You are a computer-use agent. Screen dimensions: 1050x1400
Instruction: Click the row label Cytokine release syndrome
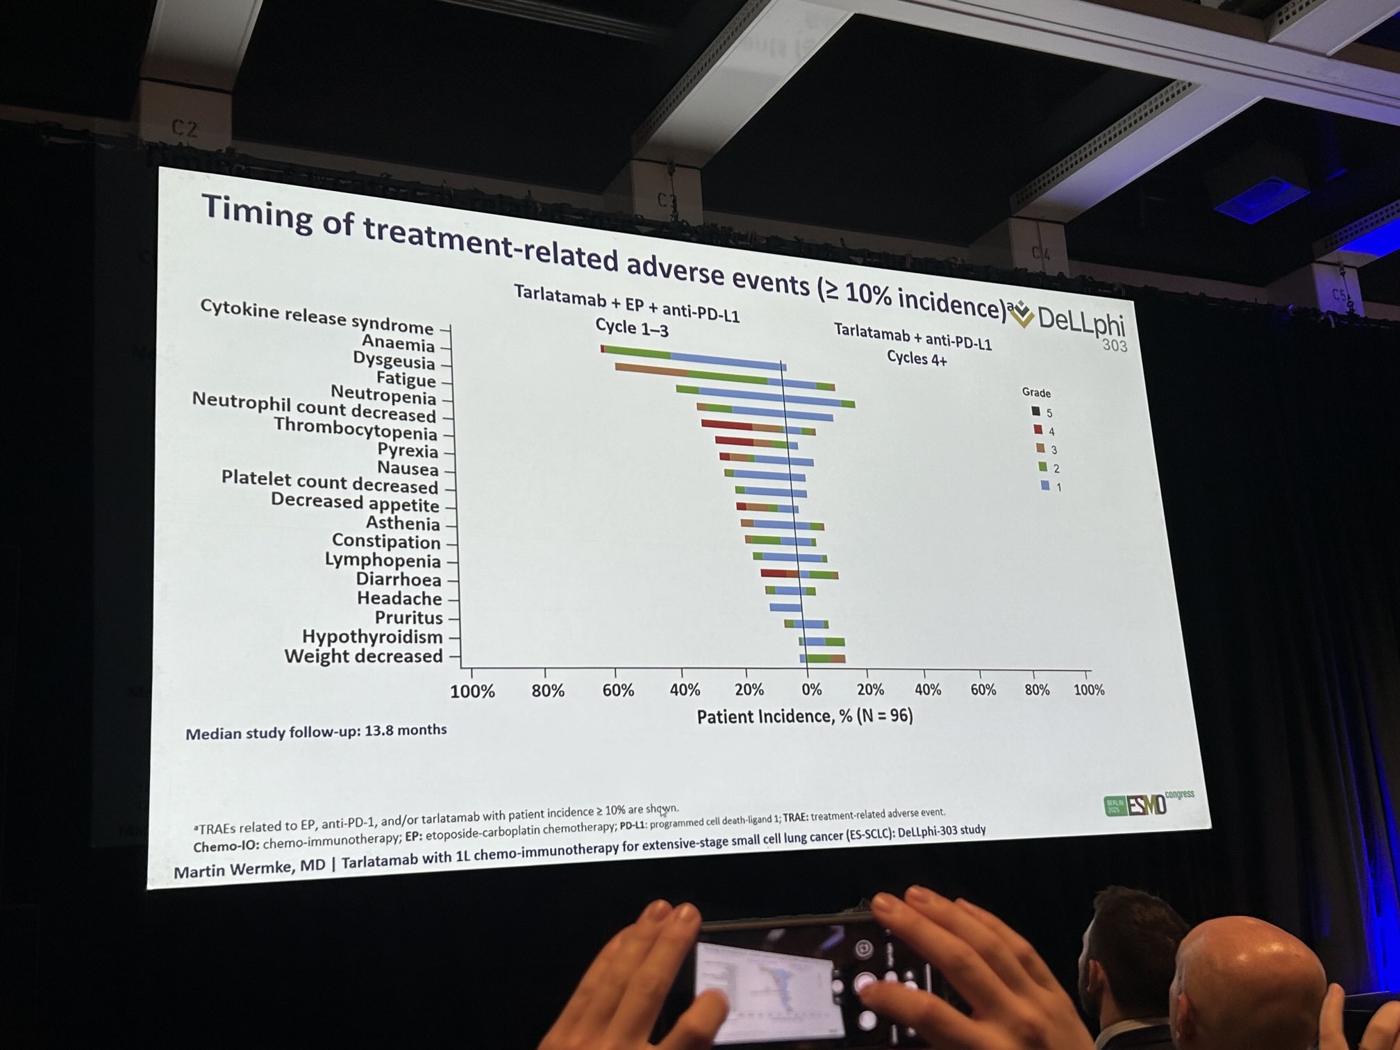[x=317, y=317]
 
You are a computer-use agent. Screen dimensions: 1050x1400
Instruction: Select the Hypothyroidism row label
[x=372, y=637]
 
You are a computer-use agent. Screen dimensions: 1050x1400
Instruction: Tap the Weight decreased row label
[x=363, y=656]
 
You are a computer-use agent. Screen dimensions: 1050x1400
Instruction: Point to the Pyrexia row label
[x=408, y=451]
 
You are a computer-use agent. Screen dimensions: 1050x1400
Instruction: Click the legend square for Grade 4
[x=1037, y=430]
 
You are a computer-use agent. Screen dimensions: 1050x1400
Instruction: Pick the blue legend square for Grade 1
[x=1044, y=486]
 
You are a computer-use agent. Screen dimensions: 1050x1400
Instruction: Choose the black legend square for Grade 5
[x=1035, y=411]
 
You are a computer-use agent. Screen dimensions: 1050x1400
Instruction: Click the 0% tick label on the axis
[x=811, y=690]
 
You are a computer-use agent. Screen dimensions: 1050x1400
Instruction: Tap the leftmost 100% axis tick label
[x=472, y=692]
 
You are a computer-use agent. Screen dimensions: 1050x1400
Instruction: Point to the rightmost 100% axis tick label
[x=1088, y=690]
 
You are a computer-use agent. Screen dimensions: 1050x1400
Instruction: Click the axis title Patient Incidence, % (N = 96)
[x=804, y=716]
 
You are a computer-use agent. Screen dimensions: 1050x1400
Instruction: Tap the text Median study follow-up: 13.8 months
[x=316, y=732]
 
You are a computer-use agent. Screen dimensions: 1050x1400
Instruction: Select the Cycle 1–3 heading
[x=631, y=328]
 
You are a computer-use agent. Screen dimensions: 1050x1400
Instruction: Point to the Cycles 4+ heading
[x=917, y=358]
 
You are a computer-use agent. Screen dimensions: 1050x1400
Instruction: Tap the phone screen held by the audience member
[x=767, y=986]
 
